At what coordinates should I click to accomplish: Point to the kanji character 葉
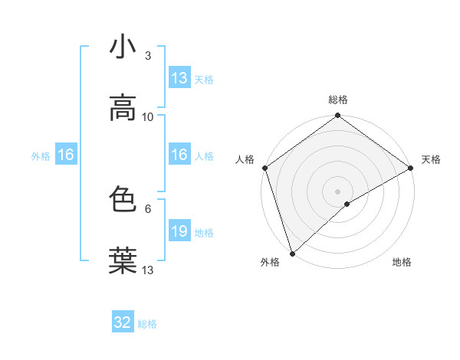(x=123, y=260)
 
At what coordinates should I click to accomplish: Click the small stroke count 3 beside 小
(x=147, y=56)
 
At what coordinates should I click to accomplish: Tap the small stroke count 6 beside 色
(x=147, y=208)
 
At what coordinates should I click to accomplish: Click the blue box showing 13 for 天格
(x=179, y=78)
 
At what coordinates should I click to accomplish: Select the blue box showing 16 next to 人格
(x=179, y=155)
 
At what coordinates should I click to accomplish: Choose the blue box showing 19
(x=179, y=231)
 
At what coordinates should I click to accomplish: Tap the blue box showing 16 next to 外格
(x=66, y=155)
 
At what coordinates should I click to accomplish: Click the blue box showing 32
(x=123, y=322)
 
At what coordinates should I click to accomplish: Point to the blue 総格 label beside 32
(x=147, y=324)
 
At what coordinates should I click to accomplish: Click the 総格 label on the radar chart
(x=337, y=100)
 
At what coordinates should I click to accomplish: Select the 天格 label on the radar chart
(x=431, y=159)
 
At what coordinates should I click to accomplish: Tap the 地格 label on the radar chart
(x=402, y=262)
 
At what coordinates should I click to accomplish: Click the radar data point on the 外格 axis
(x=292, y=253)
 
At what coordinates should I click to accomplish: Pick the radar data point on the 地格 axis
(x=347, y=204)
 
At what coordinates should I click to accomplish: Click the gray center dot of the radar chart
(x=337, y=191)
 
